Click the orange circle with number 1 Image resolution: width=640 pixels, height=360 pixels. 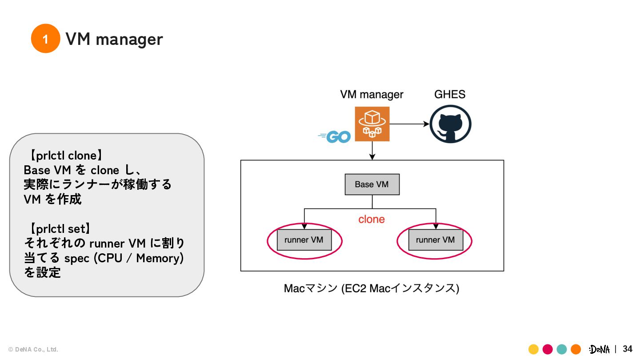[45, 39]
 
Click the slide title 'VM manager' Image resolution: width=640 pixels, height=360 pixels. [114, 39]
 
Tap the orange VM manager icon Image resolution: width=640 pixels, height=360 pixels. [372, 124]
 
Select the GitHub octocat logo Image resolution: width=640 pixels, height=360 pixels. [450, 124]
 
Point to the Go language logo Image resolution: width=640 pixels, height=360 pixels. [336, 136]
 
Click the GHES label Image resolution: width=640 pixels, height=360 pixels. [450, 94]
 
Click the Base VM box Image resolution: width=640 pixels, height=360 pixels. [372, 184]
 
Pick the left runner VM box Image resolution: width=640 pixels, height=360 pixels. [304, 240]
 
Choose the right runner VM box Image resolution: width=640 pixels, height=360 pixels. [435, 240]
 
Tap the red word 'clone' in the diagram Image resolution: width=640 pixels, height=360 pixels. [372, 219]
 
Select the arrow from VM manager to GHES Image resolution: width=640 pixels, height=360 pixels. [409, 124]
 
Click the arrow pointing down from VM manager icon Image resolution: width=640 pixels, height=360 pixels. [372, 151]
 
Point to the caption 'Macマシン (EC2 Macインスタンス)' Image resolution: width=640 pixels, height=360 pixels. [372, 288]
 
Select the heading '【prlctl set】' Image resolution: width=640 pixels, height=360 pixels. [60, 229]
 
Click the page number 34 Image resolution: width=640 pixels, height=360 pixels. [628, 349]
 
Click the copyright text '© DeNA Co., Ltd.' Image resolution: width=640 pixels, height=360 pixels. [33, 349]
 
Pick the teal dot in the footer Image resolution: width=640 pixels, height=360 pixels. [562, 349]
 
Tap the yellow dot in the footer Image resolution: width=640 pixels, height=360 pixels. [533, 349]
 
